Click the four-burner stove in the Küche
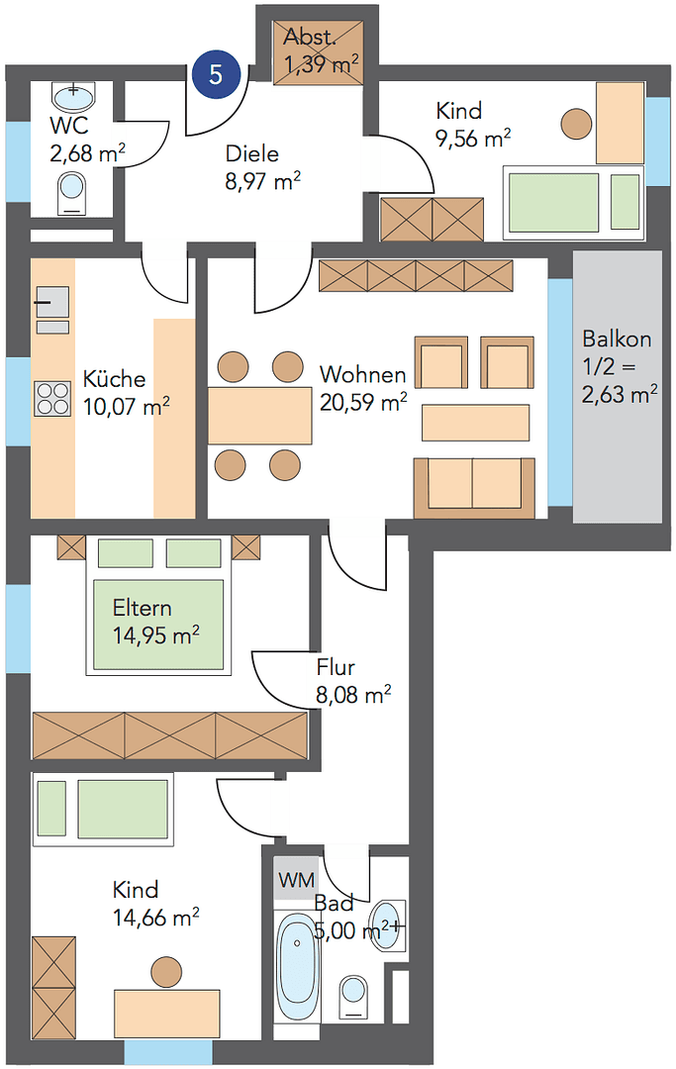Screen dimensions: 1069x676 (53, 398)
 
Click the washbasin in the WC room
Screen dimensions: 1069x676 (73, 96)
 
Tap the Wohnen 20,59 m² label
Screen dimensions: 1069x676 (362, 388)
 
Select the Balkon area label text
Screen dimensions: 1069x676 (618, 366)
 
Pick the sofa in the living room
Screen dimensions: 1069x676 (473, 487)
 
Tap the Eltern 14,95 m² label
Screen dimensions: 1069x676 (155, 622)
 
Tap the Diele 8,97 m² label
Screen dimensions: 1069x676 (262, 167)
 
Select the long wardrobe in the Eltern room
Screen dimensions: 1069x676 (170, 735)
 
